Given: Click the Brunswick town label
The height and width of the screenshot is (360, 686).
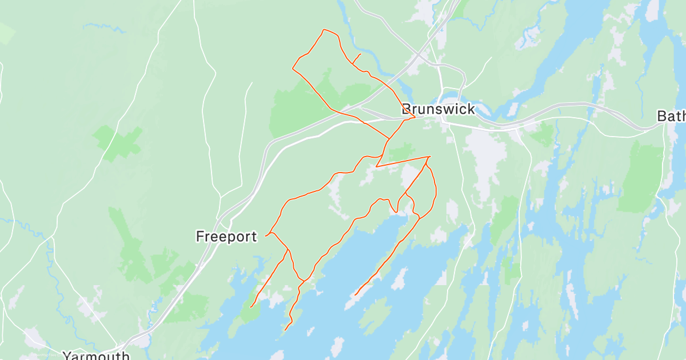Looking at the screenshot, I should (x=438, y=110).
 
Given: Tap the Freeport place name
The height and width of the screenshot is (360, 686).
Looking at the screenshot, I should (x=226, y=237).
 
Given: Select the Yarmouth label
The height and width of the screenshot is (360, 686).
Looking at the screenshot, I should (x=96, y=355).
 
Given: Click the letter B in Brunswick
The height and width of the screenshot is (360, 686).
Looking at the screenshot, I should (x=408, y=110).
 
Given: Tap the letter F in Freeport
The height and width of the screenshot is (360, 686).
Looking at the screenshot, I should (x=200, y=237).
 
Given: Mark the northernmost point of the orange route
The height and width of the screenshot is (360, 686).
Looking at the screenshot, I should (x=324, y=30).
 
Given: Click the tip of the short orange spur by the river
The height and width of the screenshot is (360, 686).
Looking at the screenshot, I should (x=360, y=54).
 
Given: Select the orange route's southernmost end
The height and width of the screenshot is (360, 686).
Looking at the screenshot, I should (x=285, y=330).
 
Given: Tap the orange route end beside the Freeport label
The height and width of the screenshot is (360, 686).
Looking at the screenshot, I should (x=266, y=235).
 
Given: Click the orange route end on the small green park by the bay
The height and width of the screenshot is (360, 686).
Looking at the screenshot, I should (x=250, y=307).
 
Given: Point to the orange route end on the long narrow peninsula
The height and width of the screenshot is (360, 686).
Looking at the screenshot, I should (x=355, y=295).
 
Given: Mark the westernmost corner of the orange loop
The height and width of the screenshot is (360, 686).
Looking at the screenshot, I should (x=293, y=69).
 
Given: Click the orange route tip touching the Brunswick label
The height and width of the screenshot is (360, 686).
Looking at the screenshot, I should (x=414, y=118).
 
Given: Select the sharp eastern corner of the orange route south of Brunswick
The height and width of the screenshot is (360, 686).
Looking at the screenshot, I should (x=429, y=157).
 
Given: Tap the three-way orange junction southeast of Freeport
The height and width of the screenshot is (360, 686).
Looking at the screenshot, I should (x=288, y=250).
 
